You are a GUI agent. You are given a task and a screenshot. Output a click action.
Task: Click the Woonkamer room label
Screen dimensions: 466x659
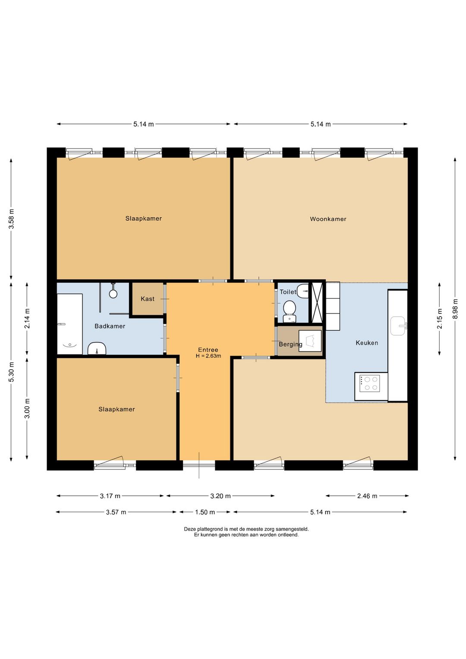[328, 219]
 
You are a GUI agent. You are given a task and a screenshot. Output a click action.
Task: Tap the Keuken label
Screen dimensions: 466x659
[367, 343]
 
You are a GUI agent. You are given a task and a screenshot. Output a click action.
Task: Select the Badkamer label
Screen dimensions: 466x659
[110, 326]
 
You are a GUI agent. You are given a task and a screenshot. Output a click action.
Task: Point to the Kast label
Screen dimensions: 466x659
[147, 299]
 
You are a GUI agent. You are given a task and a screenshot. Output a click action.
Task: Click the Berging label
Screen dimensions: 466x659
[290, 344]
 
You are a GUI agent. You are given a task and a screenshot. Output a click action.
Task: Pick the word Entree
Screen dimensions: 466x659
[208, 350]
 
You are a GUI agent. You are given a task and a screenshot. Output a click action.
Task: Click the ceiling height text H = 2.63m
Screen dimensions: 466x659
[208, 356]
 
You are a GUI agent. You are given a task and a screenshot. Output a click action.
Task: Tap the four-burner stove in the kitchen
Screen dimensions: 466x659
[371, 383]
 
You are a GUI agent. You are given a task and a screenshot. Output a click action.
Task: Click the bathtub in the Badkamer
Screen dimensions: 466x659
[69, 324]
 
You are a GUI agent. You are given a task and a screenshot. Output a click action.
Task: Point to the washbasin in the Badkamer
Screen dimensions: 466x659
[97, 349]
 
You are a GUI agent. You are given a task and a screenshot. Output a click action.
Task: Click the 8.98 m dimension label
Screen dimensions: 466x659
[455, 309]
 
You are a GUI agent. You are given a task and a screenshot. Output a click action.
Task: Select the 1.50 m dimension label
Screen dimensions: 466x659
[205, 512]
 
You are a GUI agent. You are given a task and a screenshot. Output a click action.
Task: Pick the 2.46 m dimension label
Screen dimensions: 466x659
[367, 496]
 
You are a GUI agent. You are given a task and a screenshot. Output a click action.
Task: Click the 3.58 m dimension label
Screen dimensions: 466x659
[11, 219]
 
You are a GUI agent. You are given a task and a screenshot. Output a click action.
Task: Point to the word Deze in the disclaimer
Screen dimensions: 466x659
[189, 529]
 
